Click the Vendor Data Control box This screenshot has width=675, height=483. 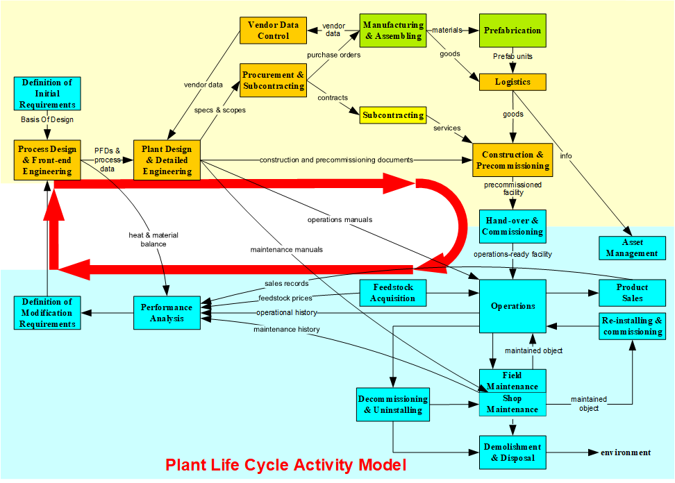coord(274,31)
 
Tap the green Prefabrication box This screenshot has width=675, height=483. coord(513,31)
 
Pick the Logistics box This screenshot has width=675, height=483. coord(513,82)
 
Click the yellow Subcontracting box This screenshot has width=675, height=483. coord(393,115)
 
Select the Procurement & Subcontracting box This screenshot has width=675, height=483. coord(274,80)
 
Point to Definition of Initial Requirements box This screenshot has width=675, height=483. coord(48,94)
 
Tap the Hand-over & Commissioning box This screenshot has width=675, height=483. coord(512,226)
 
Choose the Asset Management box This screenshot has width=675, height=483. coord(632,248)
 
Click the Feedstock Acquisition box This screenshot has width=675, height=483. coord(393,292)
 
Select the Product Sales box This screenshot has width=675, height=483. coord(632,292)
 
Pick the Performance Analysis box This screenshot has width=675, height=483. coord(167,313)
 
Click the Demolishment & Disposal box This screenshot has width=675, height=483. coord(512,452)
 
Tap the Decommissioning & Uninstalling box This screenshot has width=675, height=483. coord(393,405)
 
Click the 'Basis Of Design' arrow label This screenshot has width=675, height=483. coord(47,119)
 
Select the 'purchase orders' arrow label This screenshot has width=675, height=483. coord(333,55)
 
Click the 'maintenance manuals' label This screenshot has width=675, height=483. coord(287,248)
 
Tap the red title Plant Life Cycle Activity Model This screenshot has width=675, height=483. coord(285,464)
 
